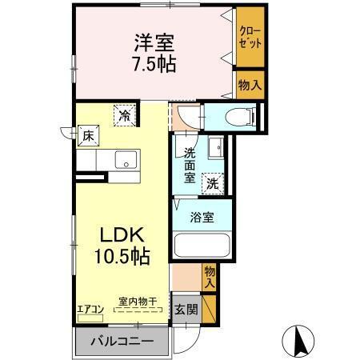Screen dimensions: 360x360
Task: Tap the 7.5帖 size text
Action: [155, 63]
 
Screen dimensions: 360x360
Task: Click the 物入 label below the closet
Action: [249, 82]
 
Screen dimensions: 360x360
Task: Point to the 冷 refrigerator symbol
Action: [124, 115]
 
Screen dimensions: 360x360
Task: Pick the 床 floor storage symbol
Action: [89, 134]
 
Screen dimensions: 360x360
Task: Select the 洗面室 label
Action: [190, 165]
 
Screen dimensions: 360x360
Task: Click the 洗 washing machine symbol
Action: [213, 182]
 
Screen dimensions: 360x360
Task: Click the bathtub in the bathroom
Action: [202, 245]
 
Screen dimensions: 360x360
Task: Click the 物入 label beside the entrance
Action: [210, 276]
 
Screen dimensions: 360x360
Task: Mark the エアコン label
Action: [90, 309]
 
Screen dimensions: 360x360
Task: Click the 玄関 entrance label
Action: [186, 309]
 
